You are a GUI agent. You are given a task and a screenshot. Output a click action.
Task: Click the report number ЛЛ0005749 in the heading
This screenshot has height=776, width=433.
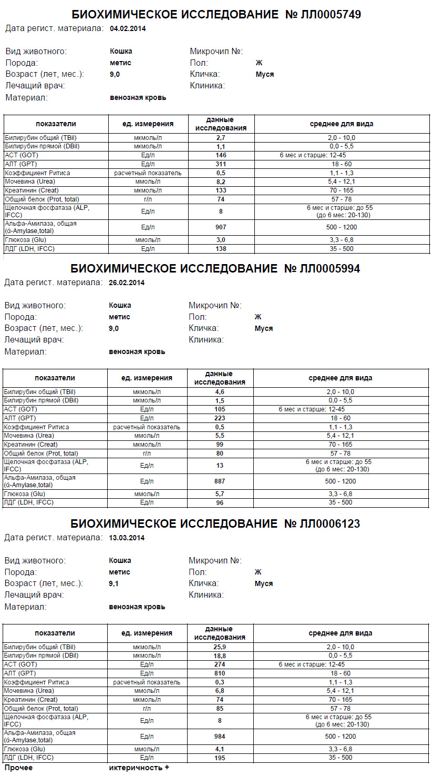[331, 14]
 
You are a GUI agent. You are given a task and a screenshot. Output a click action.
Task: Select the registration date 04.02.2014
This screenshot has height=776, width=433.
[128, 29]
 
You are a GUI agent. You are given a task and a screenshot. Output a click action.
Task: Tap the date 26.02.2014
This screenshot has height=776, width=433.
[127, 283]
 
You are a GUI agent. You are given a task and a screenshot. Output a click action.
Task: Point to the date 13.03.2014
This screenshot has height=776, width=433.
[127, 538]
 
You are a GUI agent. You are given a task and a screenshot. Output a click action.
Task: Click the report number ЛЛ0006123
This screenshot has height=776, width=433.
[330, 524]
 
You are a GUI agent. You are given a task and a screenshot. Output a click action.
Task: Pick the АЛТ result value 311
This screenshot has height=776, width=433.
[221, 164]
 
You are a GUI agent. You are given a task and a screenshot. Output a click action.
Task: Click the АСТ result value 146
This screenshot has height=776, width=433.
[221, 155]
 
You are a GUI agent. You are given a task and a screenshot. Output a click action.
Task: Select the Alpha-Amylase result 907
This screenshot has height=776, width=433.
[221, 227]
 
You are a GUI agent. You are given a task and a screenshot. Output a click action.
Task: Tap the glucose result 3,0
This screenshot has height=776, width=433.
[221, 240]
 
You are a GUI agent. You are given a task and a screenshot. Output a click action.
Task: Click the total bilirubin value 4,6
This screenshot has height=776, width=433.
[220, 392]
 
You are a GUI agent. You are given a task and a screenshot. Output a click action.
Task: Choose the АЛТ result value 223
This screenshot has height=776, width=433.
[220, 418]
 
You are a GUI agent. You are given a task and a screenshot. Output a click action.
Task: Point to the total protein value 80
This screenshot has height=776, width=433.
[220, 453]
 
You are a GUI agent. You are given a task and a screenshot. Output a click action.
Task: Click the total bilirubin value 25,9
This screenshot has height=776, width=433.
[220, 647]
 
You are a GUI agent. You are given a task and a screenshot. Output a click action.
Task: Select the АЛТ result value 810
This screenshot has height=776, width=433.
[220, 673]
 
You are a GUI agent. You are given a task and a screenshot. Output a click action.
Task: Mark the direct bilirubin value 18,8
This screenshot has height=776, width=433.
[220, 656]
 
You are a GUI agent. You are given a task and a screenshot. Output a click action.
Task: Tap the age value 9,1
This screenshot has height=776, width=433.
[114, 583]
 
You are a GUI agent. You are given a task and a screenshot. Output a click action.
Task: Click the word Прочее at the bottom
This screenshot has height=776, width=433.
[18, 768]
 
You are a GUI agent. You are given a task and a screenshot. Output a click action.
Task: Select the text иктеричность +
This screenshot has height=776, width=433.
[139, 768]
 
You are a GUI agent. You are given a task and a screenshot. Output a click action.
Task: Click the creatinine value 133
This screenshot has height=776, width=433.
[221, 190]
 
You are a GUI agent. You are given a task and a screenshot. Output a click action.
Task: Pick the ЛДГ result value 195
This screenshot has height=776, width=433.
[220, 758]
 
